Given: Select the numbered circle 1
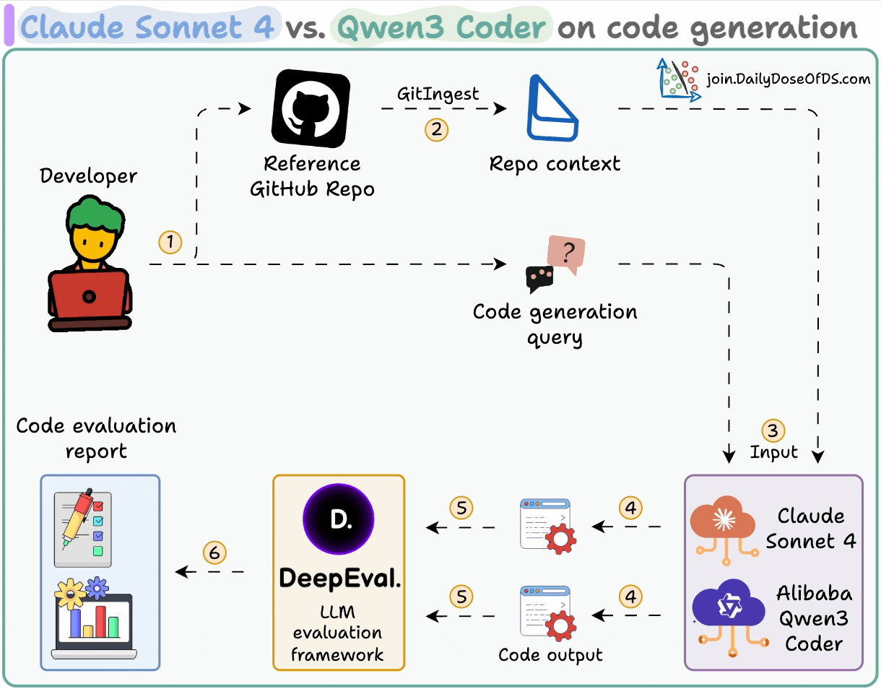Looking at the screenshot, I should (170, 242).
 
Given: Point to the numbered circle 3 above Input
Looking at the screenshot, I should (773, 431).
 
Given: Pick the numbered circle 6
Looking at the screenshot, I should (214, 553).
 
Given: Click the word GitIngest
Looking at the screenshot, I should (438, 95).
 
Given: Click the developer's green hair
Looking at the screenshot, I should (95, 214).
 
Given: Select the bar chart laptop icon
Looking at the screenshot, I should (94, 619).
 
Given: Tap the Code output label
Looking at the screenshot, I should (550, 655).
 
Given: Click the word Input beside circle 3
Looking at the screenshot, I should (773, 452).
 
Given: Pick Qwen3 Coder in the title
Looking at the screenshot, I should (442, 27).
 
